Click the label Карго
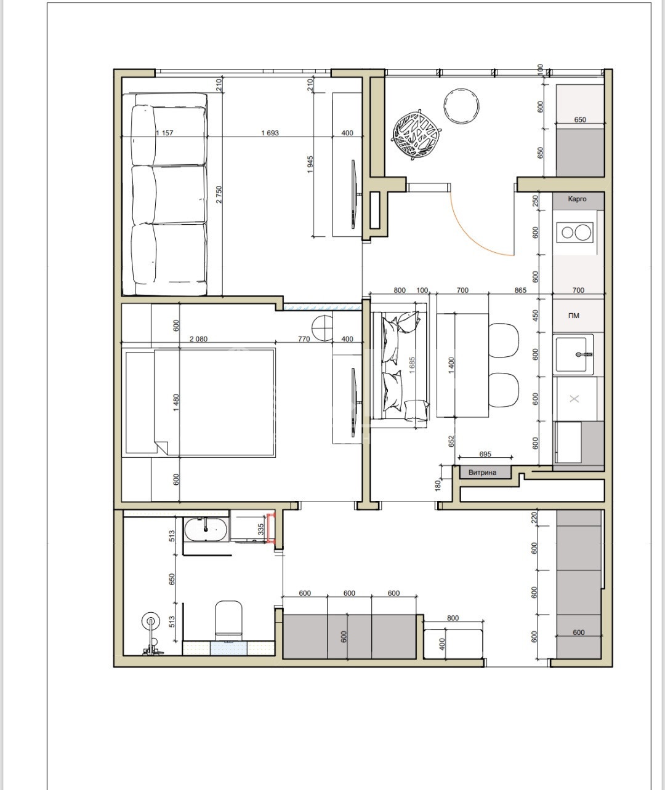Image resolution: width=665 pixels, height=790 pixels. coord(577,199)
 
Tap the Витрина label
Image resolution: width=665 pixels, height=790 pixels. coord(482,472)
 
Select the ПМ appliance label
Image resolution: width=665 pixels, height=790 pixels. coord(574,316)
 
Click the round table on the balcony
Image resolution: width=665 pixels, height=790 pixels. coord(461,106)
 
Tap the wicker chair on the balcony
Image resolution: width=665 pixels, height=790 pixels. coord(417,135)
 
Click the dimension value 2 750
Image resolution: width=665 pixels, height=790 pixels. coord(219,194)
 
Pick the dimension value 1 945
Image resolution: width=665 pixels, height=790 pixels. coord(310,164)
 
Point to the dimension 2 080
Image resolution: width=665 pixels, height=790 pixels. coord(198,339)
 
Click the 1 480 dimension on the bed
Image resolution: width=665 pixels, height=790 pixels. coord(176,403)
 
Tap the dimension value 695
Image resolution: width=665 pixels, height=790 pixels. coord(485,453)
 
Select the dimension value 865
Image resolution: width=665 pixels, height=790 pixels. coord(520,290)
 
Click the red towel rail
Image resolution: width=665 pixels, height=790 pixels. coord(272,528)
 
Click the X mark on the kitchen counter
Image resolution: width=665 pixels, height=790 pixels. coord(574,399)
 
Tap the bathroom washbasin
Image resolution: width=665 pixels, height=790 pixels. coord(206,530)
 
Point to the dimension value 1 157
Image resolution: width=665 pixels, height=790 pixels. coord(164,133)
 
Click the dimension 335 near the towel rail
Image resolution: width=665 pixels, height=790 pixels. coord(261,529)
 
